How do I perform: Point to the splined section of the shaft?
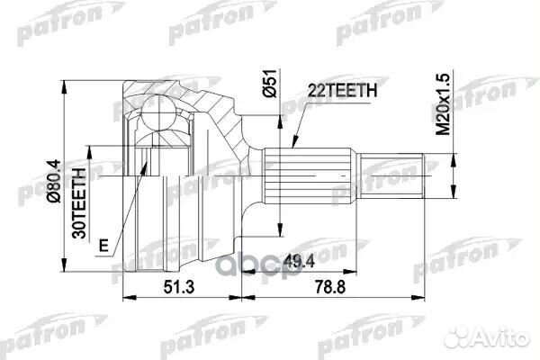pyautogui.click(x=310, y=176)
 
